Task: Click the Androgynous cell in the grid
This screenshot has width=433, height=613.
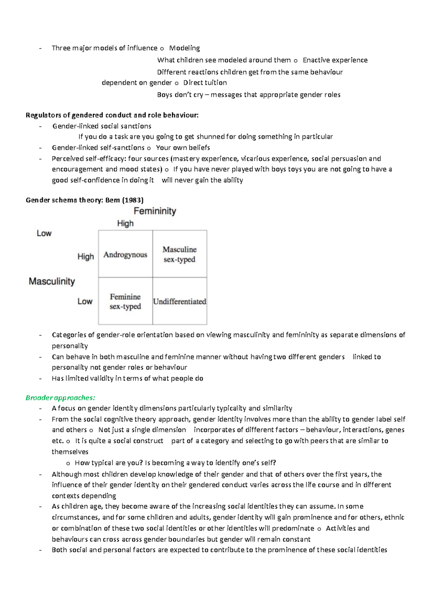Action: pos(125,255)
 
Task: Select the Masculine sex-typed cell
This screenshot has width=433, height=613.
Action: pos(179,254)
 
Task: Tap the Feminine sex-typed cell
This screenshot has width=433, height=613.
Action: pos(125,301)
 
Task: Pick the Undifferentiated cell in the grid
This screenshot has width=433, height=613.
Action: pos(179,301)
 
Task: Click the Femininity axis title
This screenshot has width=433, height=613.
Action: pos(155,211)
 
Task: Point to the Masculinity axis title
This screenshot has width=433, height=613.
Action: pos(52,281)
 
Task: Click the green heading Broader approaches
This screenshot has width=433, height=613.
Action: pos(60,397)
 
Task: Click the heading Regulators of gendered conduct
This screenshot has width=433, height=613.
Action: pos(112,115)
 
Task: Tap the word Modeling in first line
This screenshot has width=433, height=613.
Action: pos(184,48)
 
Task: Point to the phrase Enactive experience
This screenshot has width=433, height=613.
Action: pos(335,60)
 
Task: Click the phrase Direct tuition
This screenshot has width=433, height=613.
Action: pos(205,83)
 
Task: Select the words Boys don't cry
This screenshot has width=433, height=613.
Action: pos(180,95)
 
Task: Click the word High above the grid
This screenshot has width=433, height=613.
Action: pos(125,223)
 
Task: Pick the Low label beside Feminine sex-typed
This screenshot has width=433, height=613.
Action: pos(85,301)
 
